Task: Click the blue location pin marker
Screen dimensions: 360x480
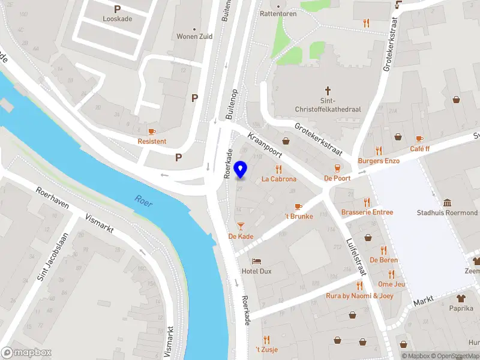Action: (x=241, y=170)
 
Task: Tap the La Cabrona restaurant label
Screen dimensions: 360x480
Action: (x=278, y=179)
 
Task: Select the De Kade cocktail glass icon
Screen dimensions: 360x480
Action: (x=241, y=226)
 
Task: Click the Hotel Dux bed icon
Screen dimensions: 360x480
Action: (x=257, y=262)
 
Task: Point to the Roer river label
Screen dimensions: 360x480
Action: (x=143, y=201)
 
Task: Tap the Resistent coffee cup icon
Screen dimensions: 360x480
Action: (x=152, y=131)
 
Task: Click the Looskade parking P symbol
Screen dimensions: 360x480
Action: (x=117, y=9)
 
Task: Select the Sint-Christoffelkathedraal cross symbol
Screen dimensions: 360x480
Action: (x=328, y=88)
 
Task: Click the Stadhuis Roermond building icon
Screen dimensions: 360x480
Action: (x=448, y=203)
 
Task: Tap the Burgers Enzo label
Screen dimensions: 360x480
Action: (x=379, y=161)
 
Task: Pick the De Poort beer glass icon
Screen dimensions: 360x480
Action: (x=337, y=167)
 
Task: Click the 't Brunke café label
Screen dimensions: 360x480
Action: (x=299, y=216)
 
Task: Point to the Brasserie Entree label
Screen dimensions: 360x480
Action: (x=367, y=212)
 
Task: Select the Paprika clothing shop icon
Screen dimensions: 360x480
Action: (x=461, y=298)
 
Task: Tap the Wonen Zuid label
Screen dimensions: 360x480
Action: (x=194, y=36)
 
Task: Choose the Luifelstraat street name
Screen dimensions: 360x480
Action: (x=356, y=257)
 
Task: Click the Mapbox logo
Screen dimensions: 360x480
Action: (x=26, y=353)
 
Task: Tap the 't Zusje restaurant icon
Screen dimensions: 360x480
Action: (x=267, y=340)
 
